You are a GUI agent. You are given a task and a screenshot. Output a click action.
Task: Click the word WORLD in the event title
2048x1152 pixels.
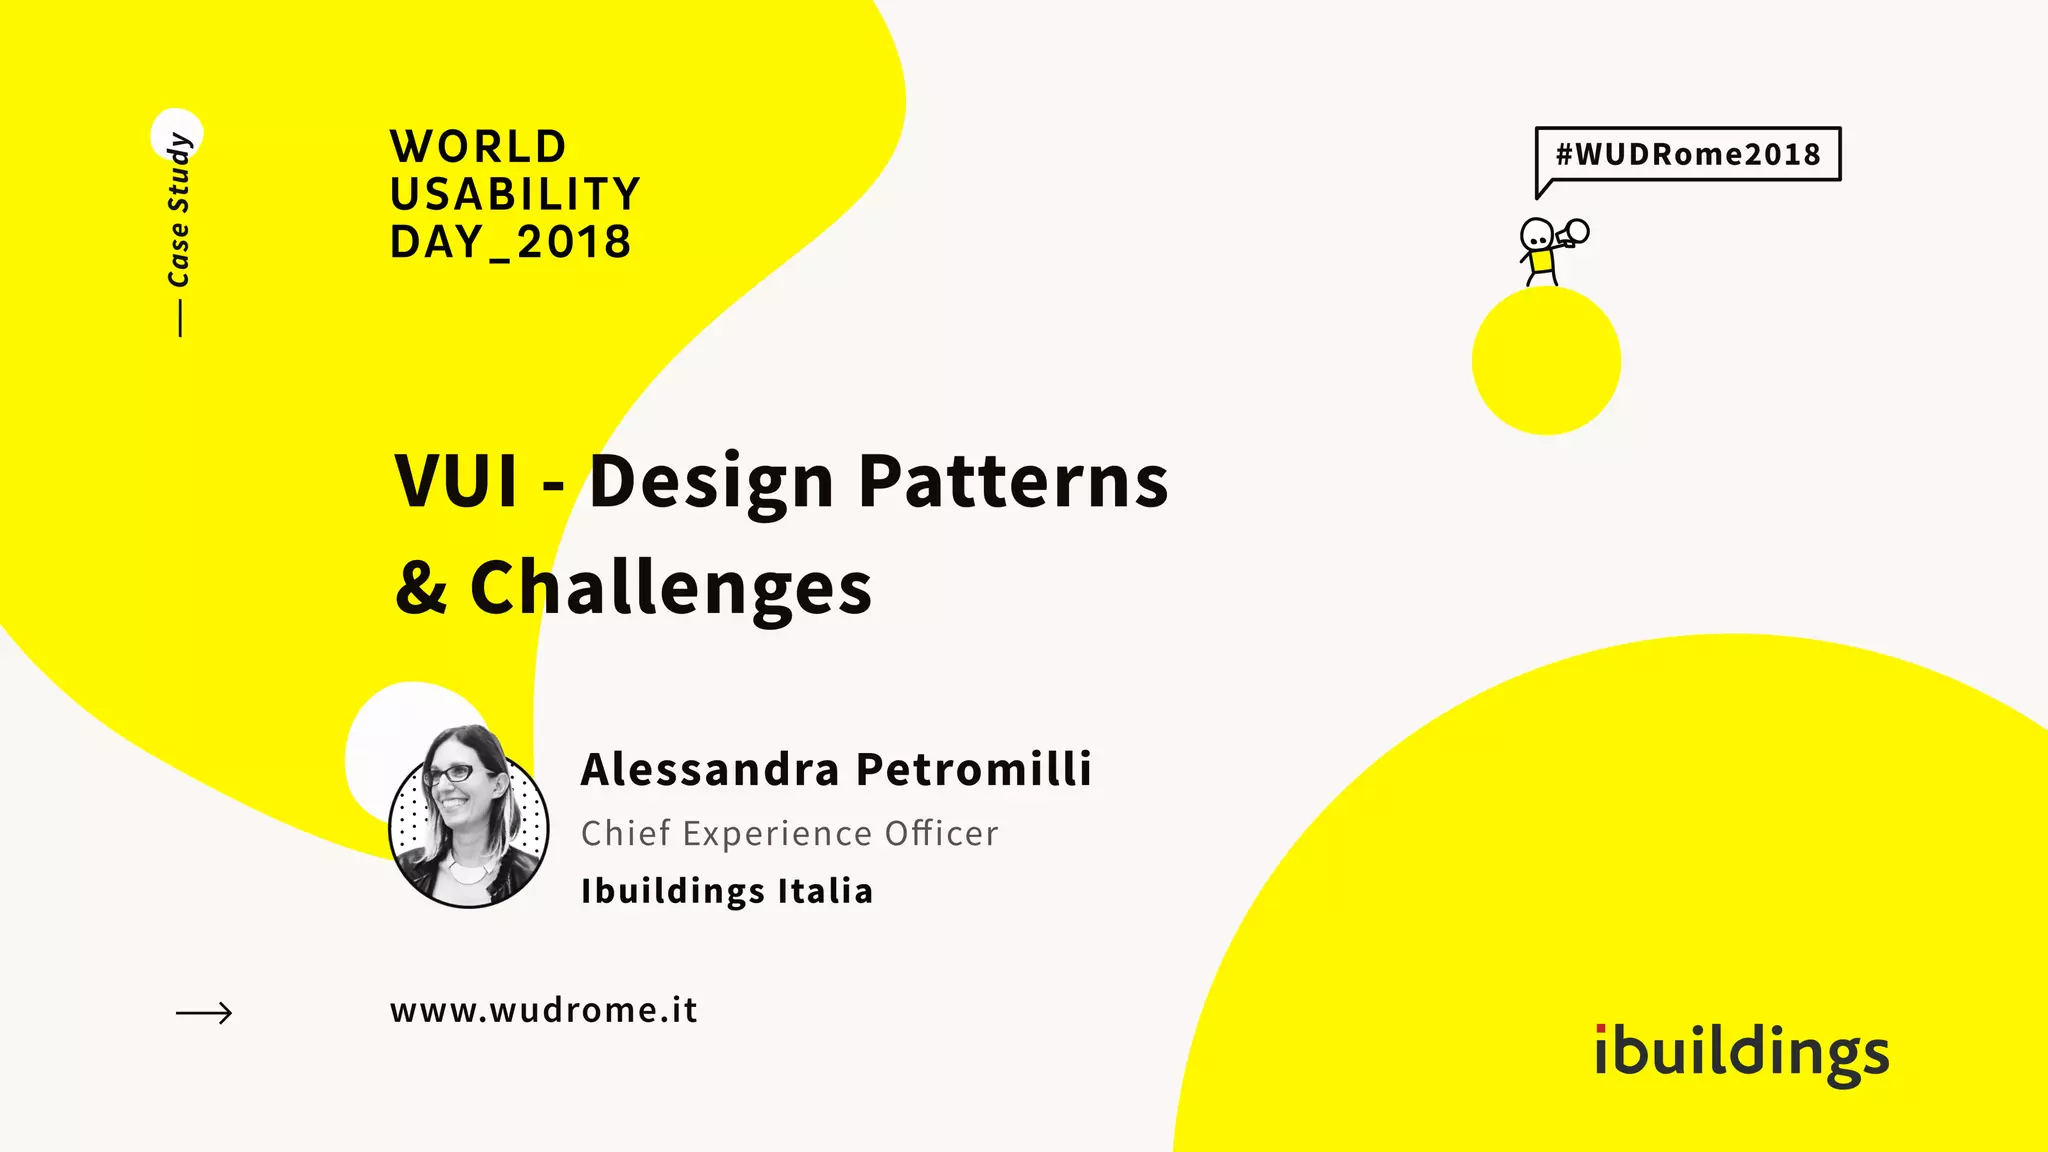[x=478, y=147]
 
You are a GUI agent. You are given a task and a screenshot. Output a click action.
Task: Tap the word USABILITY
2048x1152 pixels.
[x=515, y=194]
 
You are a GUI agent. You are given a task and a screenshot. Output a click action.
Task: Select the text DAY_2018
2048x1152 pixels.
[x=511, y=242]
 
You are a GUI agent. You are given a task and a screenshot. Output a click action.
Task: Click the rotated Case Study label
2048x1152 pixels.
[x=179, y=210]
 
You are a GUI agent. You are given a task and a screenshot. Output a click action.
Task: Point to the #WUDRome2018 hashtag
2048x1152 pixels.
[x=1688, y=154]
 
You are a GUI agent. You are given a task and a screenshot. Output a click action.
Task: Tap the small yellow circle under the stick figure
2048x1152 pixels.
[x=1546, y=361]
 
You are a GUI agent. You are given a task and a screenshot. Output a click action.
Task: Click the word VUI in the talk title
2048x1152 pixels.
[x=456, y=482]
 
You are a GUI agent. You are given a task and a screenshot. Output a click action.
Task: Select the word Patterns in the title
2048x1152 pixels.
[x=1013, y=482]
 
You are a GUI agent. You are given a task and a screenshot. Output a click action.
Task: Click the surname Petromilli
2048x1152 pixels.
[x=974, y=769]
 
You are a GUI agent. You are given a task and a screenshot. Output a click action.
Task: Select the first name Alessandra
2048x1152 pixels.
[x=710, y=769]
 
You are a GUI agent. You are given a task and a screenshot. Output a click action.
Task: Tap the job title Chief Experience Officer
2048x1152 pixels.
[x=789, y=833]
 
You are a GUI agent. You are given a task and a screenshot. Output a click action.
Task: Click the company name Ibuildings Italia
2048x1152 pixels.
[x=727, y=891]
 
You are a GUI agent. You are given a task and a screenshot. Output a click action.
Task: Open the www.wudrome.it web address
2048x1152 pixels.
[x=544, y=1010]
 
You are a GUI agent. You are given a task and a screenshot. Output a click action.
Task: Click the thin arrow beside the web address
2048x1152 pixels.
[x=204, y=1013]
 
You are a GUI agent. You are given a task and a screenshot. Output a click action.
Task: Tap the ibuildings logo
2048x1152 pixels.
[x=1741, y=1053]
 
